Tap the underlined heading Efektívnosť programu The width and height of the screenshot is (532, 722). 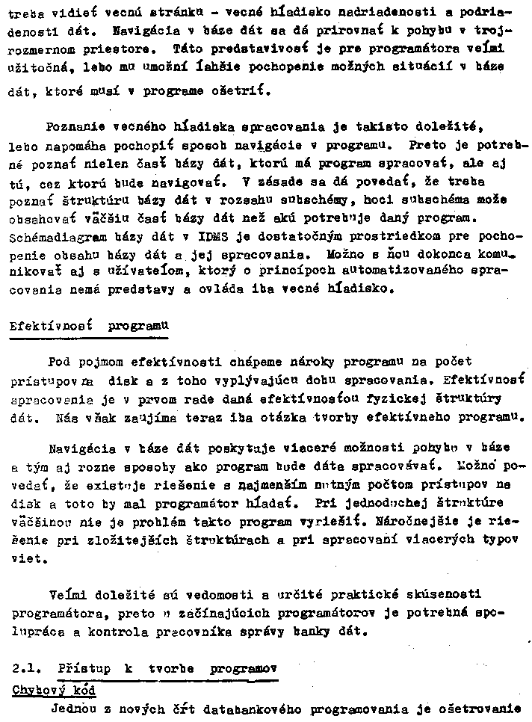click(x=88, y=327)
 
